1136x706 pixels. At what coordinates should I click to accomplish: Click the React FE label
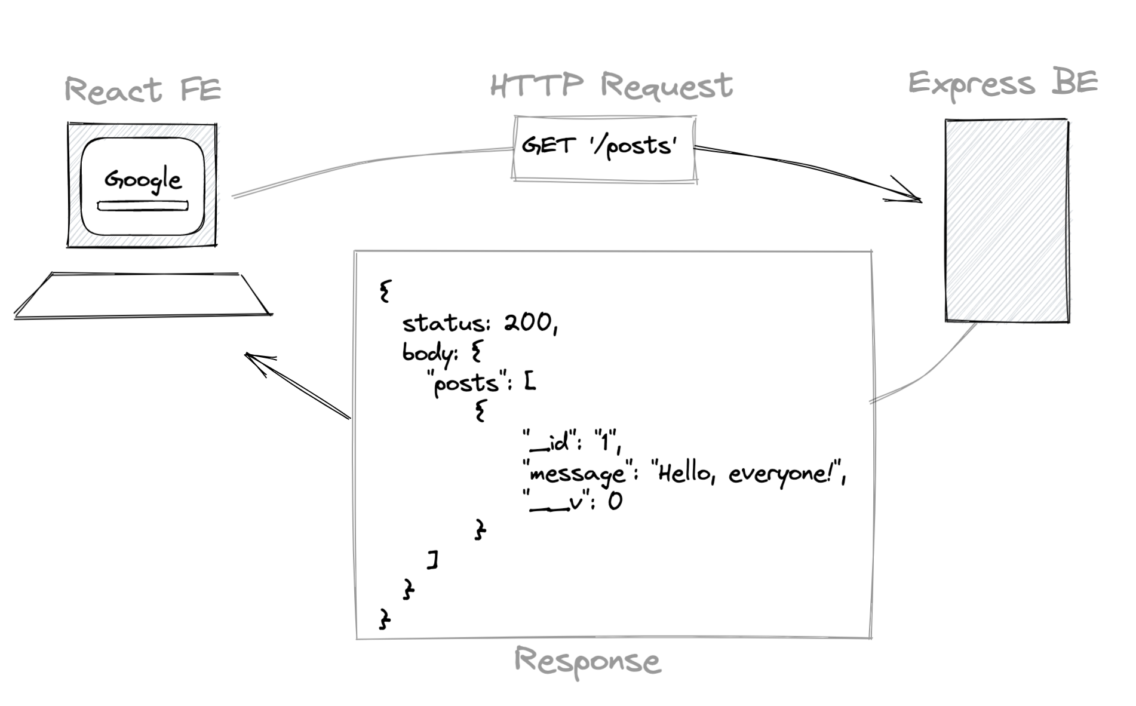pos(143,90)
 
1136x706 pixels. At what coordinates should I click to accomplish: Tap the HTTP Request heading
pos(611,85)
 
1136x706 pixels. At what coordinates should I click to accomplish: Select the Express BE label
pos(1003,84)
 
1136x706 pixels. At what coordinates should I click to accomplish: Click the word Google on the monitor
pos(143,180)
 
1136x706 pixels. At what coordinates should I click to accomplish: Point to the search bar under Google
pos(143,206)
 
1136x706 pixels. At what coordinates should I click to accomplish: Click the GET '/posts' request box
pos(604,148)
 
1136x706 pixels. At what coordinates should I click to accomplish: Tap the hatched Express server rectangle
pos(1006,220)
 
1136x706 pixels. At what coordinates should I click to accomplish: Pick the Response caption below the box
pos(587,661)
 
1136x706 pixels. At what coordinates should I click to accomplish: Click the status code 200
pos(529,323)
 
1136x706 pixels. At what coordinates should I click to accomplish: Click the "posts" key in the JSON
pos(466,383)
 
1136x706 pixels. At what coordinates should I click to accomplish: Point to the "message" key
pos(577,474)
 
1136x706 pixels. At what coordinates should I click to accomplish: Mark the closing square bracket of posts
pos(434,560)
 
